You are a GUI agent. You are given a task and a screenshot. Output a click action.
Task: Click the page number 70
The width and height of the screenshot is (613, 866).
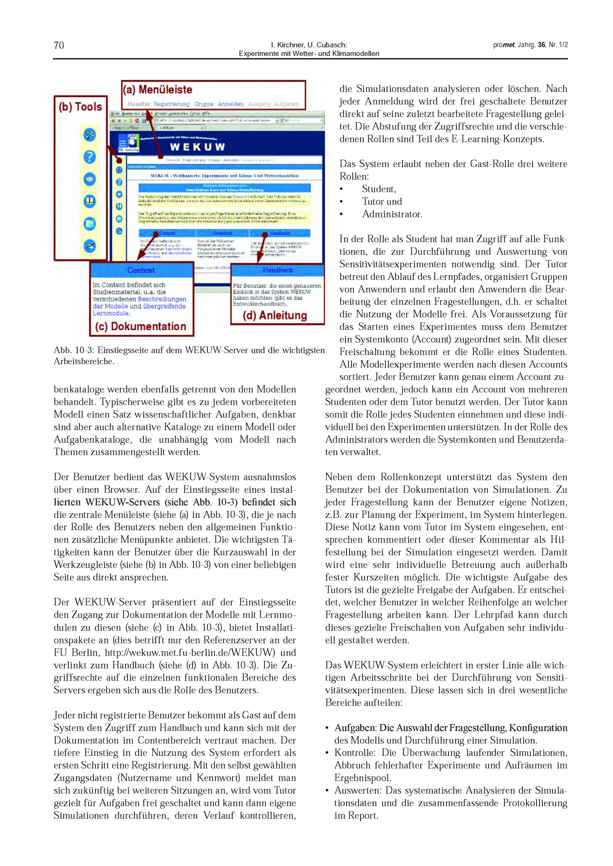pos(59,45)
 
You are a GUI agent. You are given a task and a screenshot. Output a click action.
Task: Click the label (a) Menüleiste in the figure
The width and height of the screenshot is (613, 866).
pos(158,90)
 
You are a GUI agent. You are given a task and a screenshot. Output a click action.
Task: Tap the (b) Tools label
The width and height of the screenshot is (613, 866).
pos(80,107)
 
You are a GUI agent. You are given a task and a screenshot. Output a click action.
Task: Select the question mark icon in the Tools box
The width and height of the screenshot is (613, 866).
pos(89,157)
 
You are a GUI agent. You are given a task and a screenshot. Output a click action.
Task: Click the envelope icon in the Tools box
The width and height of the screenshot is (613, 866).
pos(89,179)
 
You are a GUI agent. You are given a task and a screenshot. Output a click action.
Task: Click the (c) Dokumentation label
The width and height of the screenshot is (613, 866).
pos(141,326)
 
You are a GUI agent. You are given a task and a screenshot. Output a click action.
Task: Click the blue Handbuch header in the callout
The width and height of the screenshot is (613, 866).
pos(277,270)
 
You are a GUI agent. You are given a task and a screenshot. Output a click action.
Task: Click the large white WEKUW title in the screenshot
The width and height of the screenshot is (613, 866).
pos(197,147)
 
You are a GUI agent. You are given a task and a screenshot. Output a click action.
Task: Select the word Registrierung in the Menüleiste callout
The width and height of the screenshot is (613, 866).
pos(171,104)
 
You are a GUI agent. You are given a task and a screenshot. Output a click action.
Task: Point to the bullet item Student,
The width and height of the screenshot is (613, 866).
pos(379,189)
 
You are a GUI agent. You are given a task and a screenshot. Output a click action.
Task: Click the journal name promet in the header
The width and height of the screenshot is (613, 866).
pos(504,45)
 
